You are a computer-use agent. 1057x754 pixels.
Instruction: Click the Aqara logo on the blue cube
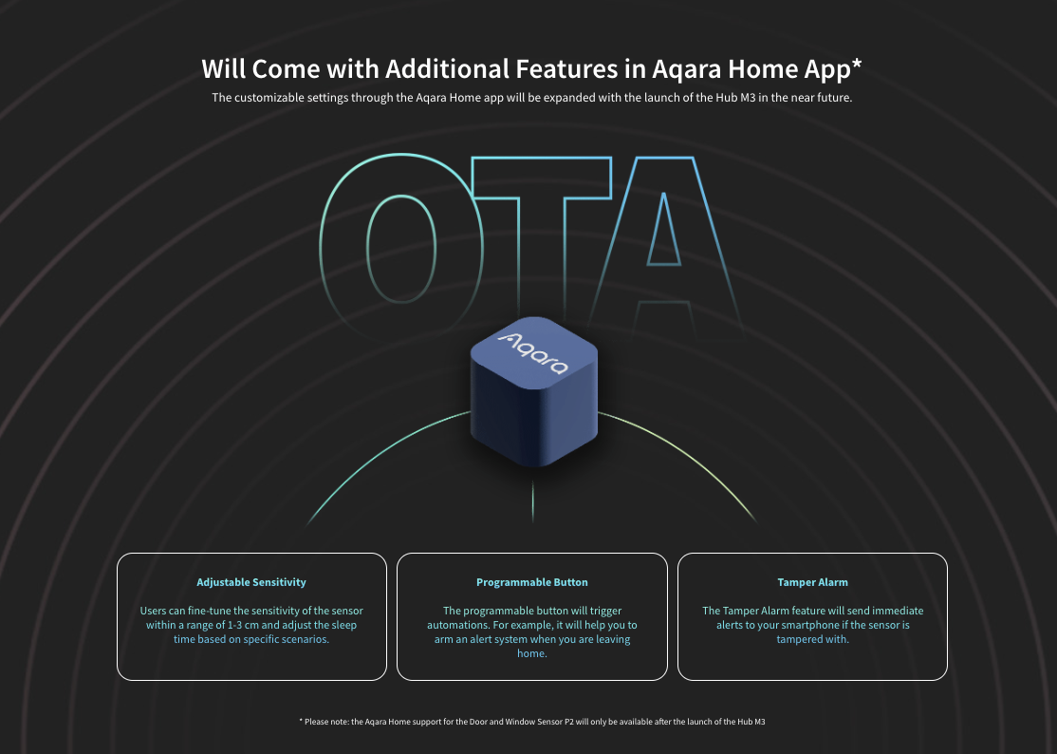pyautogui.click(x=533, y=352)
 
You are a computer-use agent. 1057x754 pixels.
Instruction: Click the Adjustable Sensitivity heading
pyautogui.click(x=251, y=582)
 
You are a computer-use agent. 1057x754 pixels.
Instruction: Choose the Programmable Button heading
pyautogui.click(x=532, y=582)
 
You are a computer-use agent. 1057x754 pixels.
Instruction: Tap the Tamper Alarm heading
pyautogui.click(x=812, y=582)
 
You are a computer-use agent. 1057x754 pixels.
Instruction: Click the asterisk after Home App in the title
pyautogui.click(x=856, y=64)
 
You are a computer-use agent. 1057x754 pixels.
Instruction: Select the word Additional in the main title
pyautogui.click(x=447, y=68)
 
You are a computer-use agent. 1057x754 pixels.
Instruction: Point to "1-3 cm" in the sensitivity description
pyautogui.click(x=243, y=625)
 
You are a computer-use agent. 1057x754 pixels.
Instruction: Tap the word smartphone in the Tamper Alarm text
pyautogui.click(x=802, y=625)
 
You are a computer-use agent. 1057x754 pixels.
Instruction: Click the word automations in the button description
pyautogui.click(x=457, y=625)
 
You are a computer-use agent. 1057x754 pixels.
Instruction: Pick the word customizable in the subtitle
pyautogui.click(x=269, y=97)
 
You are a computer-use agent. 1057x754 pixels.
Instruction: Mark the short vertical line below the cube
pyautogui.click(x=532, y=501)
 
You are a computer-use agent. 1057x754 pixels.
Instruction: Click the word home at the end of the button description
pyautogui.click(x=530, y=653)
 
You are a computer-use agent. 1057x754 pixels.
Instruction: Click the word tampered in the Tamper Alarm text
pyautogui.click(x=799, y=639)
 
